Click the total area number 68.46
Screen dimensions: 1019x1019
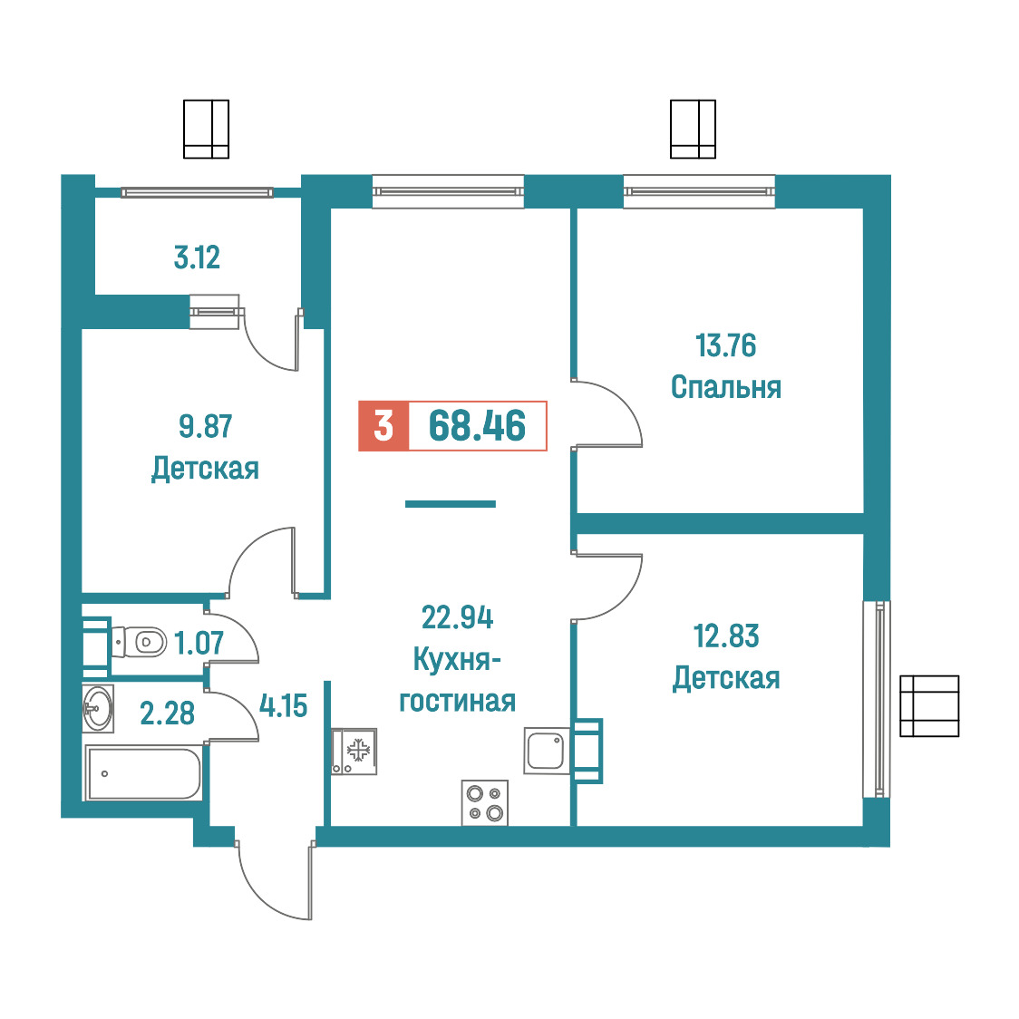[477, 426]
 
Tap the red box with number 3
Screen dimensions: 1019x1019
[383, 426]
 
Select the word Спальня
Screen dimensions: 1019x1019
[726, 387]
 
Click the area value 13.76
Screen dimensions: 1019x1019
[726, 345]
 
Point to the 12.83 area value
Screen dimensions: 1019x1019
[726, 636]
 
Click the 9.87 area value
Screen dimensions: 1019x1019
[206, 426]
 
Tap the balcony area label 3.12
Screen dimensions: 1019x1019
[197, 257]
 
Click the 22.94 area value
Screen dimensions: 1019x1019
[458, 617]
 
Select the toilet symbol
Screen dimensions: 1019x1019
[139, 642]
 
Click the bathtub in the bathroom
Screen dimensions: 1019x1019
[143, 772]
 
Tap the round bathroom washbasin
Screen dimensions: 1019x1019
[98, 708]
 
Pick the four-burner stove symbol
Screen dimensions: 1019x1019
[485, 803]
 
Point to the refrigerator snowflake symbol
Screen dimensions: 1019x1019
[358, 751]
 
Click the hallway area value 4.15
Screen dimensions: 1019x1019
[284, 705]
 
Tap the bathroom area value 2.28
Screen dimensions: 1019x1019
[168, 713]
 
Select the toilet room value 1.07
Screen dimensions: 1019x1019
[199, 644]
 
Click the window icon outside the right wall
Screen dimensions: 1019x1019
[929, 705]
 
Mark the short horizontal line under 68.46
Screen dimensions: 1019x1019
[451, 504]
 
